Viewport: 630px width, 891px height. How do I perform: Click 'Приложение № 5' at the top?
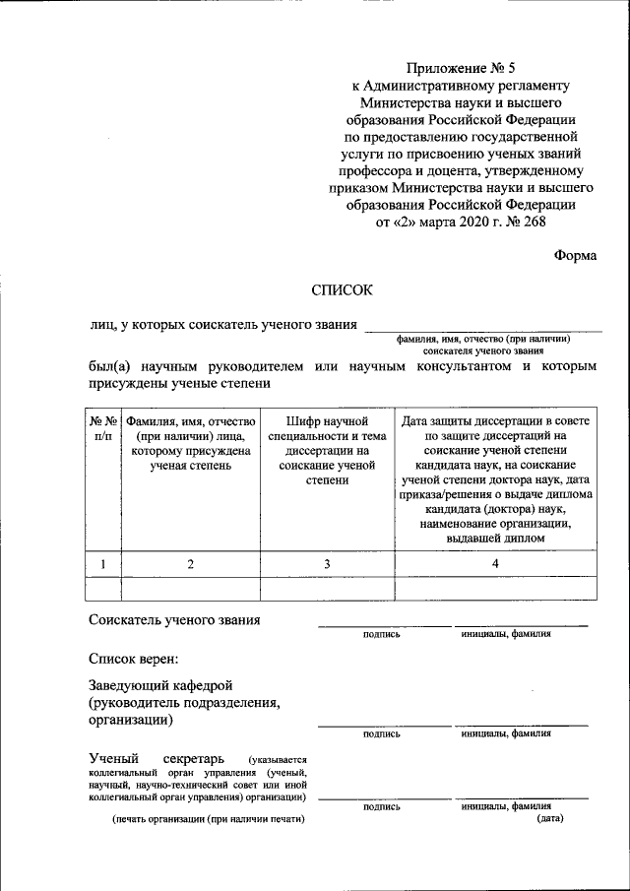tap(460, 68)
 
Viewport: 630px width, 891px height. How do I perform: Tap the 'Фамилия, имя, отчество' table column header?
tap(191, 443)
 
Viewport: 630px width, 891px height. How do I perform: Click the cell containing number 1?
tap(103, 563)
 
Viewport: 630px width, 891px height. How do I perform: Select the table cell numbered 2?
tap(191, 563)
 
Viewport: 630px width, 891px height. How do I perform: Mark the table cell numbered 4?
tap(496, 563)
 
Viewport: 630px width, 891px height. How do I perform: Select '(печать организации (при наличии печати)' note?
tap(208, 820)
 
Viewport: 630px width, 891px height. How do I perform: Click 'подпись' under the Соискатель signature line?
tap(381, 635)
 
